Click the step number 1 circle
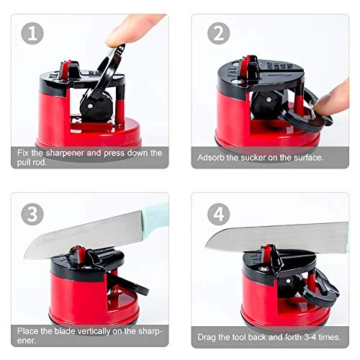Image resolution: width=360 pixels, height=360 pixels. click(x=33, y=33)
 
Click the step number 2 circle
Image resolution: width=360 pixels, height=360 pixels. click(x=218, y=33)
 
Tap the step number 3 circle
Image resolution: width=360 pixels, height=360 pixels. click(x=33, y=215)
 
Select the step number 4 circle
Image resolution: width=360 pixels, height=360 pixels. click(x=218, y=215)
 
